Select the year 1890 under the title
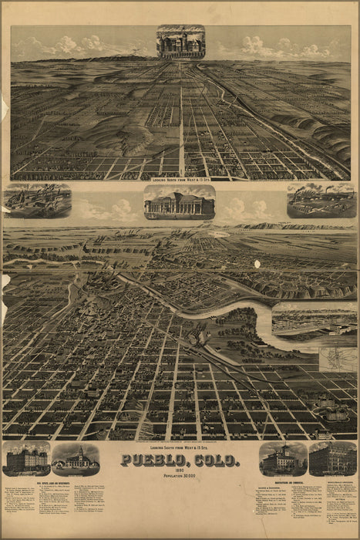pos(180,473)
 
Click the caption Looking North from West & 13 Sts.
pos(180,179)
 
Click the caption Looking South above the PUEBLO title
pos(180,449)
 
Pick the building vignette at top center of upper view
pos(180,42)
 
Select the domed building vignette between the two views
pos(180,202)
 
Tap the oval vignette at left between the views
pos(37,201)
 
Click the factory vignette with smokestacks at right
pos(321,201)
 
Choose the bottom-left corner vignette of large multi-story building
pos(26,459)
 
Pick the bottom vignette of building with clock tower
pos(76,459)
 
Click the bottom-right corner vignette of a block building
pos(332,459)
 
